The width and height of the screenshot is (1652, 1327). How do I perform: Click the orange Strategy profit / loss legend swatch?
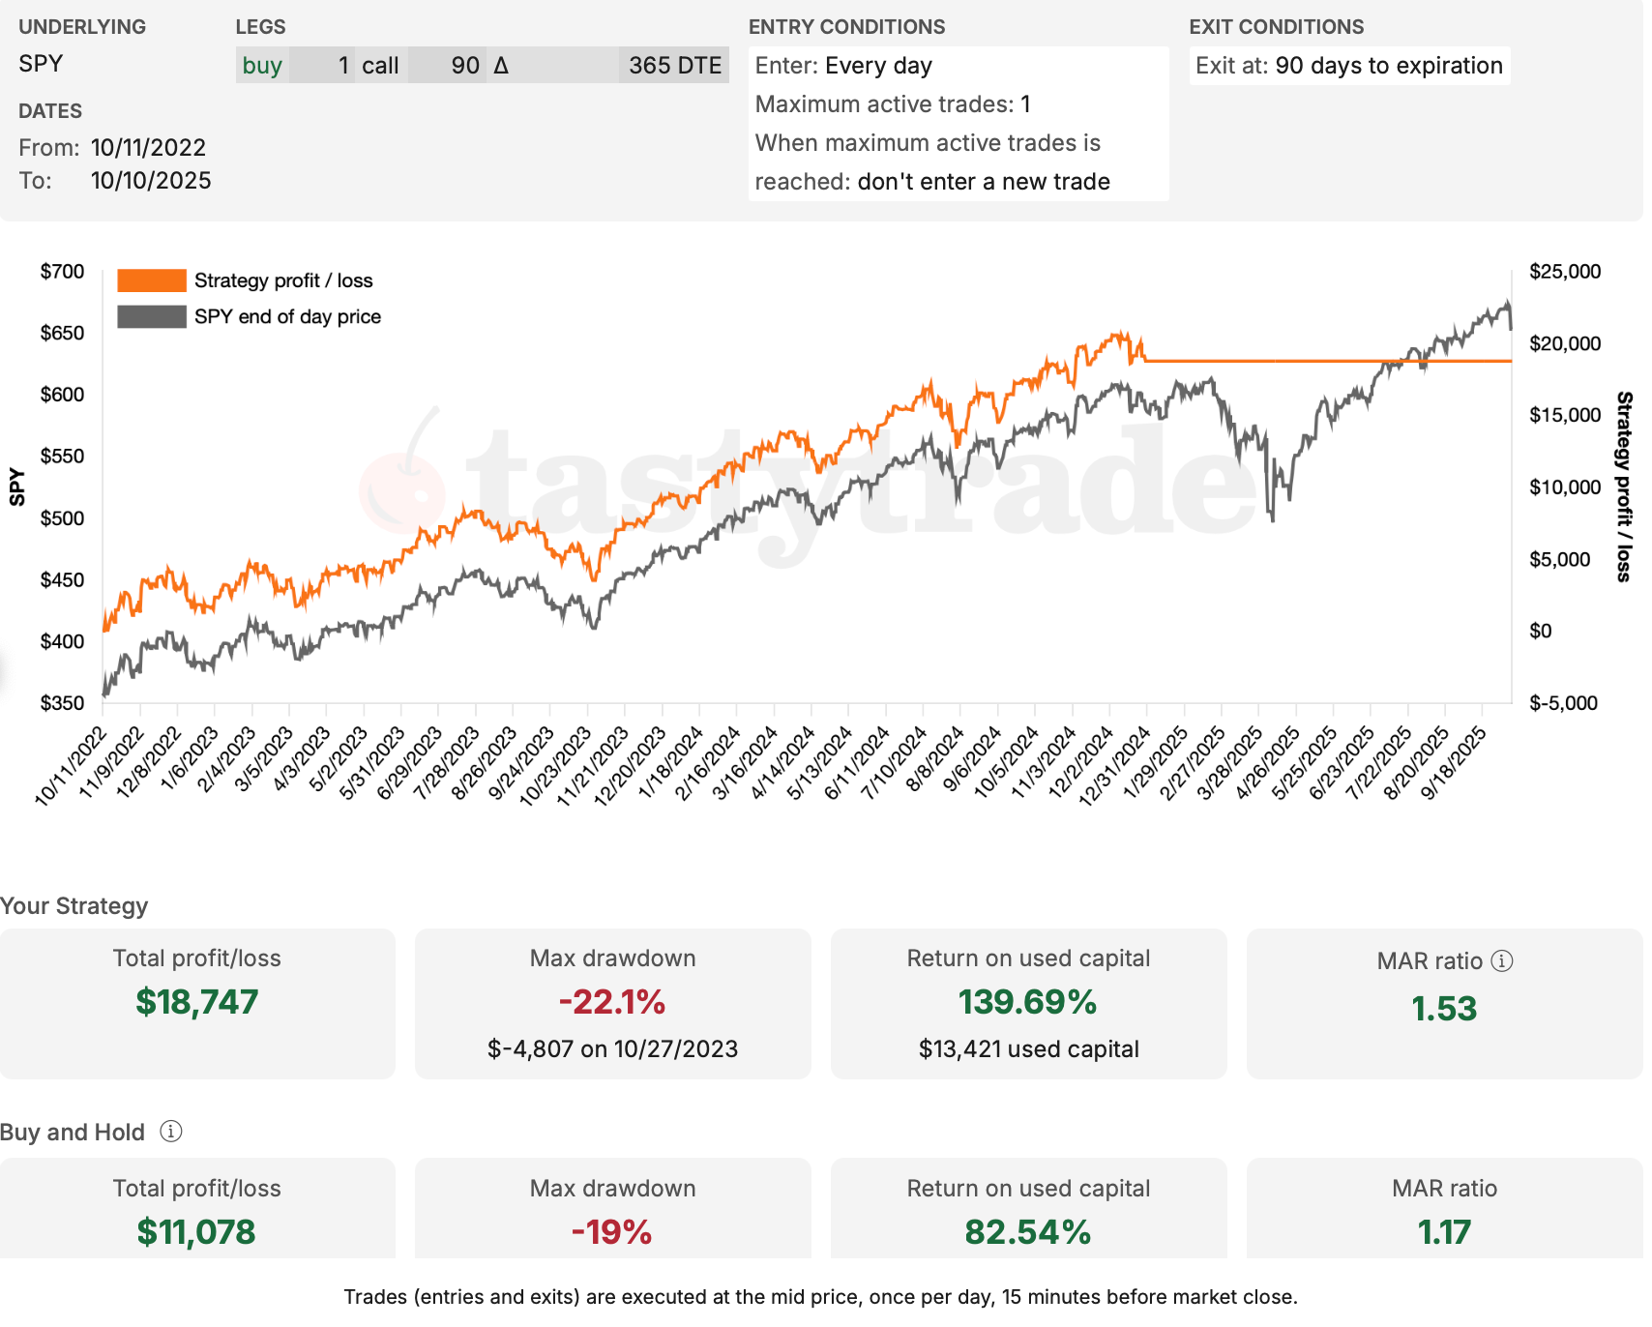pos(151,280)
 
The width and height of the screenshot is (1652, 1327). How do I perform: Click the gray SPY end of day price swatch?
pos(151,316)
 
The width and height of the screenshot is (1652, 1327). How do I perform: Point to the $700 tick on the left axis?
pos(62,272)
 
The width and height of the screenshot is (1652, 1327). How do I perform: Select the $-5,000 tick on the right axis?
pos(1564,703)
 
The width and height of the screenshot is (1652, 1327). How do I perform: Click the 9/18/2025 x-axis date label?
pos(1454,764)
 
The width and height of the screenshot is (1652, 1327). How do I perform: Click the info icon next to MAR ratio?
pos(1502,960)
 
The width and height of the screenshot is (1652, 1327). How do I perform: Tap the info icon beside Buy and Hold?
pos(171,1132)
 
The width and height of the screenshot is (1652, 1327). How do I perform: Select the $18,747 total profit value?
pos(197,1002)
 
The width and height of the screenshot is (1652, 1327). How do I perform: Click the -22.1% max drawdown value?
pos(612,1002)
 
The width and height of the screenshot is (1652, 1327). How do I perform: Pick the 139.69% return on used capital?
pos(1028,1002)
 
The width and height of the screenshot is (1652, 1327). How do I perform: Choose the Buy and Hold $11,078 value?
pos(196,1232)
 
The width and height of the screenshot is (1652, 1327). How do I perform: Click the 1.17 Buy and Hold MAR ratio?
pos(1444,1232)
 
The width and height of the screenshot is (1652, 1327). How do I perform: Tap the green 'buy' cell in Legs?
pos(262,66)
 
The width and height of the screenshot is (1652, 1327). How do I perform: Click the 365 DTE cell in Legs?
pos(674,66)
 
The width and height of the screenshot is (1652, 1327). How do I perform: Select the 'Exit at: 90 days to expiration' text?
pos(1348,66)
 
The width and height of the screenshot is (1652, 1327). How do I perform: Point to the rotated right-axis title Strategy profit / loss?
pos(1624,487)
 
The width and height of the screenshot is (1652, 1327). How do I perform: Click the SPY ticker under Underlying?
pos(41,64)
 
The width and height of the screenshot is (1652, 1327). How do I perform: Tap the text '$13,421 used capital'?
pos(1028,1049)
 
